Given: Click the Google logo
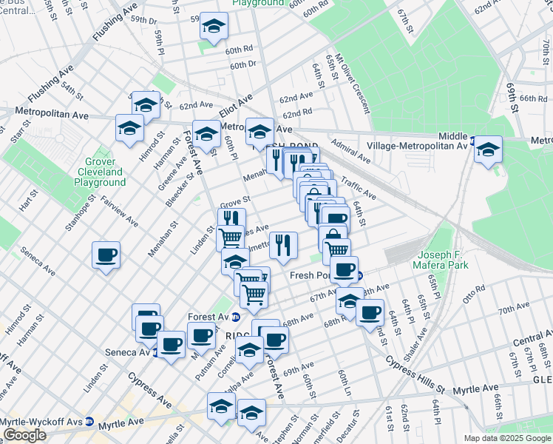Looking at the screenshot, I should click(24, 435).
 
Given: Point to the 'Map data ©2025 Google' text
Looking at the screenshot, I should click(506, 438).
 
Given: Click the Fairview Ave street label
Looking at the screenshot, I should click(119, 210).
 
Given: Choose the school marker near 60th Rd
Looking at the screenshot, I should click(214, 27).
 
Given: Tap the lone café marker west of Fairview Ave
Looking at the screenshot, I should click(106, 255).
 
